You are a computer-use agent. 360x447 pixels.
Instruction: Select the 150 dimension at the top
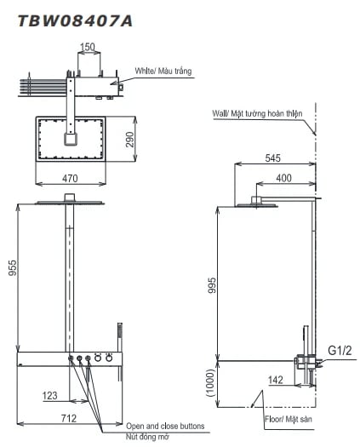(88, 47)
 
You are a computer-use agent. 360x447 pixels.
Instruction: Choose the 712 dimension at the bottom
(70, 418)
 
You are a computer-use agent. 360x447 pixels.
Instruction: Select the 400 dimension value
(283, 178)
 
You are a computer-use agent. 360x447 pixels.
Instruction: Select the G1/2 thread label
(340, 349)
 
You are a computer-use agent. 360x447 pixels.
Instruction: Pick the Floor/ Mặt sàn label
(287, 419)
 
